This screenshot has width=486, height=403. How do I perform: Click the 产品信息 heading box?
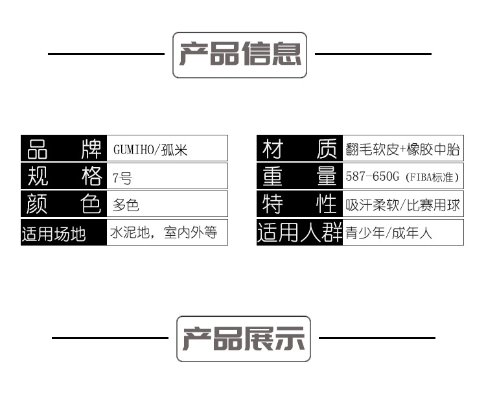240,55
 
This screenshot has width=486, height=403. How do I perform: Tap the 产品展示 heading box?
244,338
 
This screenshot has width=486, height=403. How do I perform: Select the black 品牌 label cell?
64,148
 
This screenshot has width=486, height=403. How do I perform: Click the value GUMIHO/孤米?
150,150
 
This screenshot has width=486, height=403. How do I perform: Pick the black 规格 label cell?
64,176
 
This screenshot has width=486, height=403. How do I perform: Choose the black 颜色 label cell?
64,204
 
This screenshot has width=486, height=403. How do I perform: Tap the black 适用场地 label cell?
64,233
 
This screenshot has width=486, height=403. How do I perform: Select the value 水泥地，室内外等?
165,233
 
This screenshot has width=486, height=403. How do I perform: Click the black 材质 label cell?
299,149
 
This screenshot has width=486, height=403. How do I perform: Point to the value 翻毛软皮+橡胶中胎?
402,150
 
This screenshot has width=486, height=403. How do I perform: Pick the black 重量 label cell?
299,176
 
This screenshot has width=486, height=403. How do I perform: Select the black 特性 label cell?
299,204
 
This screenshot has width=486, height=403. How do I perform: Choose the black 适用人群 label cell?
299,233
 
